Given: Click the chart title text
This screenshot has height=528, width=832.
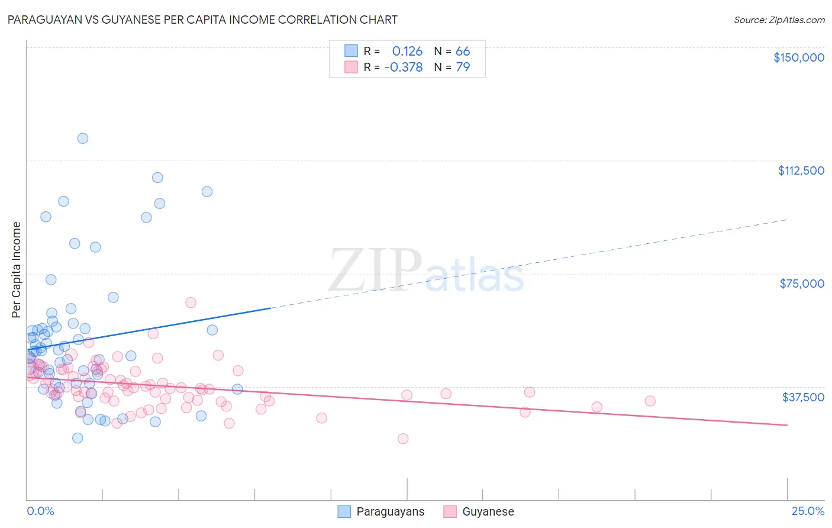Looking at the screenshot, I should pos(202,20).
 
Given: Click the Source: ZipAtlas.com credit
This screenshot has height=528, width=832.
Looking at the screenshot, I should pos(779,20).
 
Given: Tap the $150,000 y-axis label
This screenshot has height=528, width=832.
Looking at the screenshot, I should pos(798,57).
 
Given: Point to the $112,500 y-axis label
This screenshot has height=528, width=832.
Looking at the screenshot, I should pos(801,170).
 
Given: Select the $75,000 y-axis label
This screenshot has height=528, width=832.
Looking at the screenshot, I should pos(801,284).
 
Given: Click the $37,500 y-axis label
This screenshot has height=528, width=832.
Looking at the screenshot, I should pos(802,397).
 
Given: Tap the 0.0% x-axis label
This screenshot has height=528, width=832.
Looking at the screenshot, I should pos(40,511).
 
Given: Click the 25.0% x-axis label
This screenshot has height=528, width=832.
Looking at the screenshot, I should pos(807,511).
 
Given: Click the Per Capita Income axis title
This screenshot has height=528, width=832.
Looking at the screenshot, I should pos(17,270).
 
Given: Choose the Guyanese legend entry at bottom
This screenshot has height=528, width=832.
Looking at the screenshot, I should pos(478,511).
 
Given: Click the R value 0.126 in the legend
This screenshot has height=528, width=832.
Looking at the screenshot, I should pos(407,51).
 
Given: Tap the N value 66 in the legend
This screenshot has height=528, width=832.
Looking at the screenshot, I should pos(462,51).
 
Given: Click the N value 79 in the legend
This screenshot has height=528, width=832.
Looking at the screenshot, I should pos(462,67).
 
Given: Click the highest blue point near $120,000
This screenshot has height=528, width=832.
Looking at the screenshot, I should pos(83,139).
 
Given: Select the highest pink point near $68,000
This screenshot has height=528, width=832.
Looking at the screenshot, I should pos(191,302).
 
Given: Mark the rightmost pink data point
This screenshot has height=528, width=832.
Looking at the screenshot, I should pos(650,401).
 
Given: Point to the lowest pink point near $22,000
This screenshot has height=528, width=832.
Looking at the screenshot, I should pos(403,439).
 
